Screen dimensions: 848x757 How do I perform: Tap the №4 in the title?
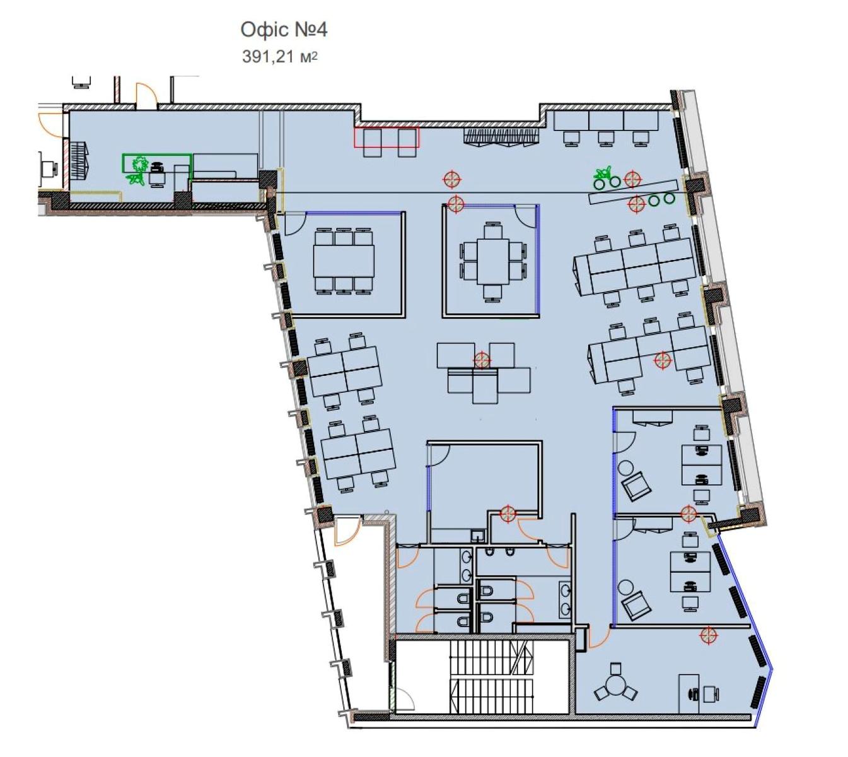pos(311,30)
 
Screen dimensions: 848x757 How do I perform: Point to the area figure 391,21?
pos(267,56)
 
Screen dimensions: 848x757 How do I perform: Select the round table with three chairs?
pos(615,686)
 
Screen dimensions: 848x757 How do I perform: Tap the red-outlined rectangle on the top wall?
pos(386,137)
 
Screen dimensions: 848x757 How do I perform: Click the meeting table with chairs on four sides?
pos(492,262)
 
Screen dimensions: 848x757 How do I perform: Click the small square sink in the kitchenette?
pos(477,536)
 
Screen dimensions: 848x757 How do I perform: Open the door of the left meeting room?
pos(296,225)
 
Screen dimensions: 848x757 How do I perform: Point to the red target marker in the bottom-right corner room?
pos(708,634)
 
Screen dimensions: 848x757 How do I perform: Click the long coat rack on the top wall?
pos(501,136)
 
